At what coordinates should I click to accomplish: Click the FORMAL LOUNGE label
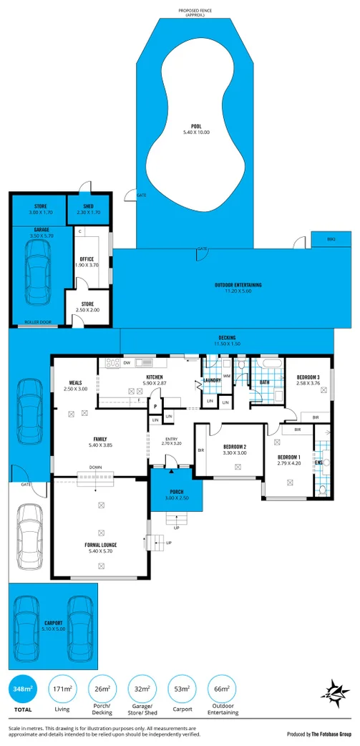[100, 545]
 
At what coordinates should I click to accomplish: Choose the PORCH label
[176, 492]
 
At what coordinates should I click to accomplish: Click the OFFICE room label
[87, 259]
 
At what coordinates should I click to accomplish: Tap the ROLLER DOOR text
[37, 322]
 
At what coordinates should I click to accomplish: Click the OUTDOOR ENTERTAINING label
[238, 285]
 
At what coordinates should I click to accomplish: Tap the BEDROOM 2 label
[234, 446]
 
